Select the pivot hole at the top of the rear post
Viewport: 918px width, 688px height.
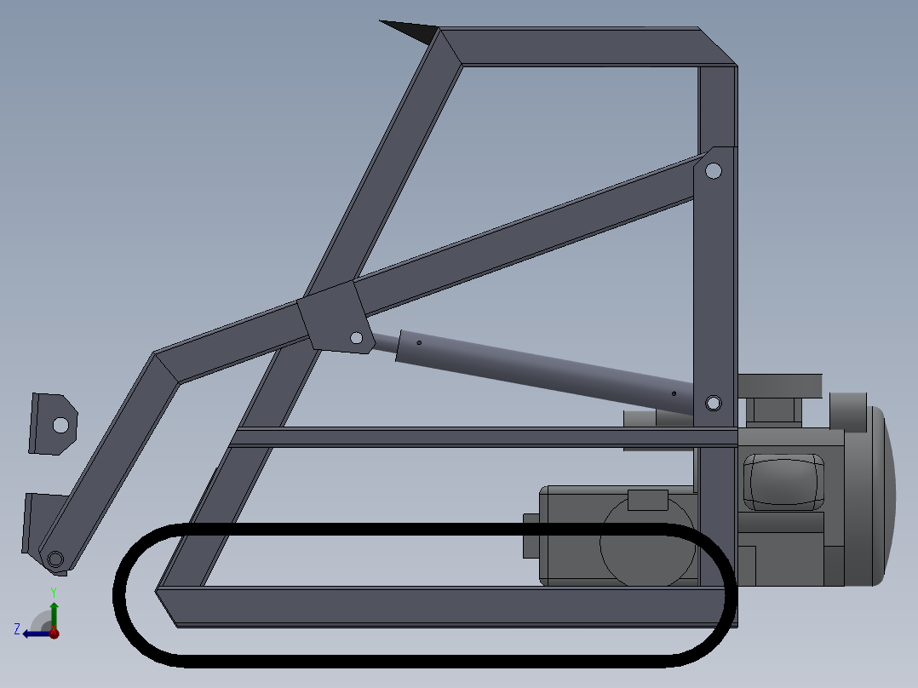coord(714,171)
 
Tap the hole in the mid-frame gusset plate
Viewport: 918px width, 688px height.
coord(356,339)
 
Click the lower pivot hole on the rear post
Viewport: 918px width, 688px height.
coord(713,402)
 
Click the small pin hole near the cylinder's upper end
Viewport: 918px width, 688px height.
coord(419,343)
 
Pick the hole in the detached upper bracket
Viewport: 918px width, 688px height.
coord(60,423)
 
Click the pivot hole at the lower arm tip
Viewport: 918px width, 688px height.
coord(55,559)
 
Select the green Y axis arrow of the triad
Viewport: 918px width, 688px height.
coord(54,611)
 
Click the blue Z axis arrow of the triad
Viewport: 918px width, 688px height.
coord(32,634)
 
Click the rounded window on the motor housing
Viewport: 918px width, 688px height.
coord(784,481)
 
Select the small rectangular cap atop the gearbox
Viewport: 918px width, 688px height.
coord(648,500)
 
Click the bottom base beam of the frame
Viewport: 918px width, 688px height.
coord(443,606)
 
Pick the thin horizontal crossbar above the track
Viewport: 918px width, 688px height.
coord(477,437)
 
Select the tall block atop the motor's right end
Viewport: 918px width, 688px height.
coord(847,410)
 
